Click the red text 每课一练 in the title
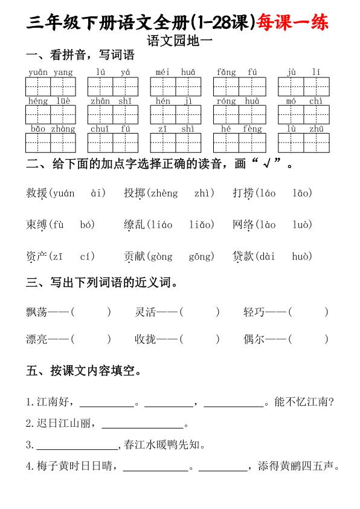point(294,23)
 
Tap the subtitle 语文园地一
point(180,41)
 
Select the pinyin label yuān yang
point(51,73)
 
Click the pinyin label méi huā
point(175,73)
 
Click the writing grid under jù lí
point(304,86)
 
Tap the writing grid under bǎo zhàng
point(51,143)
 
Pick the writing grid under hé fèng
point(239,143)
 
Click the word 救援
point(37,193)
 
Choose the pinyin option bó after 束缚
point(87,225)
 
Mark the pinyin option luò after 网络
point(302,225)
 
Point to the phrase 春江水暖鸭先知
point(164,446)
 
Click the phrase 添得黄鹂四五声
point(299,466)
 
